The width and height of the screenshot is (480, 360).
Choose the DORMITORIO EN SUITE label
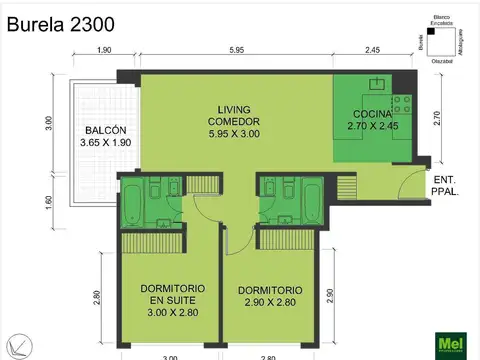pos(168,296)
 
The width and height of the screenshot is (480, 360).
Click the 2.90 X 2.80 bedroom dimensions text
pos(270,300)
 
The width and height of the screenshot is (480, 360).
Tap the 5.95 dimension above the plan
pos(236,51)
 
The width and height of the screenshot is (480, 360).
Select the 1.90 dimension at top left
pos(104,51)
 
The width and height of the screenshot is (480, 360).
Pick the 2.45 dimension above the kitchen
pos(372,51)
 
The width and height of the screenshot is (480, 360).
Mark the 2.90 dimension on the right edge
pos(330,295)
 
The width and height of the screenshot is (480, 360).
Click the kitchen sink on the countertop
pos(378,83)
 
